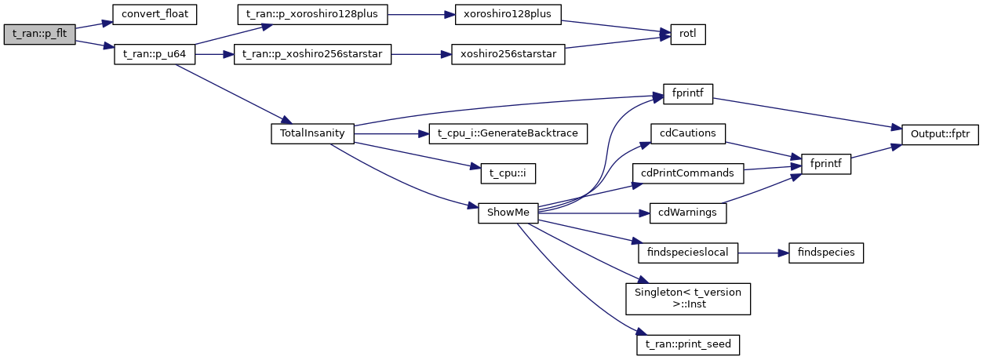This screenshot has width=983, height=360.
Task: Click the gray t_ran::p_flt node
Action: point(39,35)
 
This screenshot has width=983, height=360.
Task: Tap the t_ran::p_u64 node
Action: point(155,56)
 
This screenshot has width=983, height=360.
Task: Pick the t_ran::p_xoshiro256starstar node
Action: point(312,56)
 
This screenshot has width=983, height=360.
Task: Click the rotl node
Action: point(687,35)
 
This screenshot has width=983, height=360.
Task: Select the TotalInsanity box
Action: point(312,133)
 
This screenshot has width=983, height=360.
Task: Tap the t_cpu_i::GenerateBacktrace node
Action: point(508,133)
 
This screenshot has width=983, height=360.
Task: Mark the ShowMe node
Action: point(508,213)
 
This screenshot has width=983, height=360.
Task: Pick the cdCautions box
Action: point(688,133)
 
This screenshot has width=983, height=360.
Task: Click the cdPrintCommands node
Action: point(688,172)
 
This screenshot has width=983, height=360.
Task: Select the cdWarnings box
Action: point(688,213)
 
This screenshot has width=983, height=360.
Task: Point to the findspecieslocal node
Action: point(688,253)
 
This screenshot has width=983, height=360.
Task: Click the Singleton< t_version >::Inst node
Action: point(688,298)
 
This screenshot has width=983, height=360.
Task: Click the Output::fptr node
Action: point(939,133)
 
